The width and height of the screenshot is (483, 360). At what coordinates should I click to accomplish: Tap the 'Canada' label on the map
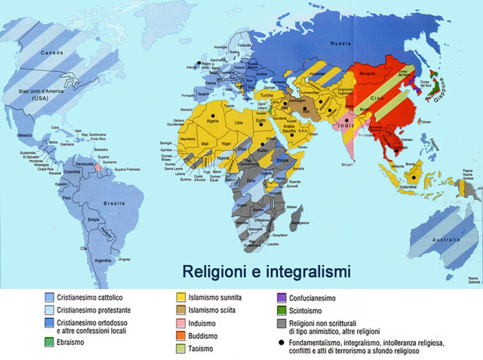pos(52,53)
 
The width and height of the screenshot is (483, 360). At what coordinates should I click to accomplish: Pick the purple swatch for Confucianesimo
pos(282,297)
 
